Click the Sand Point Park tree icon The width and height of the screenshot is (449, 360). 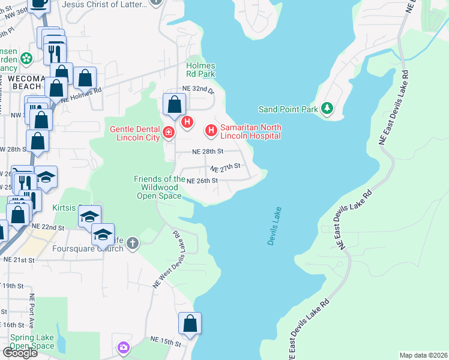[x=327, y=108]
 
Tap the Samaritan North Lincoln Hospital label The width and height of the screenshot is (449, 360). [x=251, y=131]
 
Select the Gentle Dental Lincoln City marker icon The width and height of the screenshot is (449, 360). [x=169, y=132]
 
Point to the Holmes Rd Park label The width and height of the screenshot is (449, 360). [x=200, y=70]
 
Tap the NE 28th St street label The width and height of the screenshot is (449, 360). [x=208, y=152]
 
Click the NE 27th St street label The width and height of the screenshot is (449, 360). [x=225, y=167]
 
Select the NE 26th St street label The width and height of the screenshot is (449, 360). [x=202, y=181]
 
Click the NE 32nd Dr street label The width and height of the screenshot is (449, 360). [x=199, y=89]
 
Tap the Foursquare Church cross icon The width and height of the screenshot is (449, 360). [x=133, y=243]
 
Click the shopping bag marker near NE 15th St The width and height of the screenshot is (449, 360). [x=190, y=323]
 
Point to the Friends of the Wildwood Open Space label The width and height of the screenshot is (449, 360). [x=159, y=187]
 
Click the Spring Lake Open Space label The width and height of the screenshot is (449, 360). [x=32, y=342]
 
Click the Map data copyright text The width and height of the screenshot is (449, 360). [x=423, y=355]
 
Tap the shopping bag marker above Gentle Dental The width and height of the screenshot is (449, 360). [x=173, y=104]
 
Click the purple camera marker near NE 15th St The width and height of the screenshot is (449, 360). [x=124, y=347]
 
